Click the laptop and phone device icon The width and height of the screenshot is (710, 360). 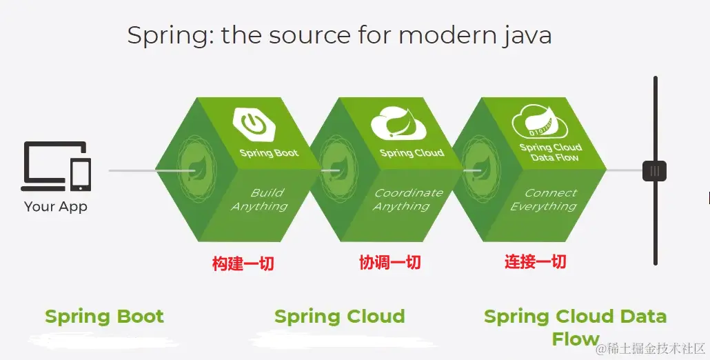(56, 166)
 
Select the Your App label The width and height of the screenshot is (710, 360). (56, 207)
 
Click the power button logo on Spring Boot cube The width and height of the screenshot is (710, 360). (255, 122)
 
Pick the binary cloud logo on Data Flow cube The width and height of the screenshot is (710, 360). (540, 121)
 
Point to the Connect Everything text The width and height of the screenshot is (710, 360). (545, 200)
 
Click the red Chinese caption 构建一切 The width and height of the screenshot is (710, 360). (243, 263)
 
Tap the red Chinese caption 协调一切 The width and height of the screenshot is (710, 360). (390, 262)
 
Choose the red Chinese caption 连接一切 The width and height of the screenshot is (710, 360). (535, 261)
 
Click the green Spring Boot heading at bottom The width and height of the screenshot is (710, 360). (105, 316)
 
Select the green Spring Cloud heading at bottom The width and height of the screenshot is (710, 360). (340, 316)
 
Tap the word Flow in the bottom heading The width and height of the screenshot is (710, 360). (576, 339)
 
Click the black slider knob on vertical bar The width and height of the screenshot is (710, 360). (655, 171)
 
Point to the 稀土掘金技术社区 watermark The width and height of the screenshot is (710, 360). (651, 349)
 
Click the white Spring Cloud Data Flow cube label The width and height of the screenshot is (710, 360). (551, 152)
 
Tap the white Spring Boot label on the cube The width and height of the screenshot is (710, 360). (269, 152)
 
